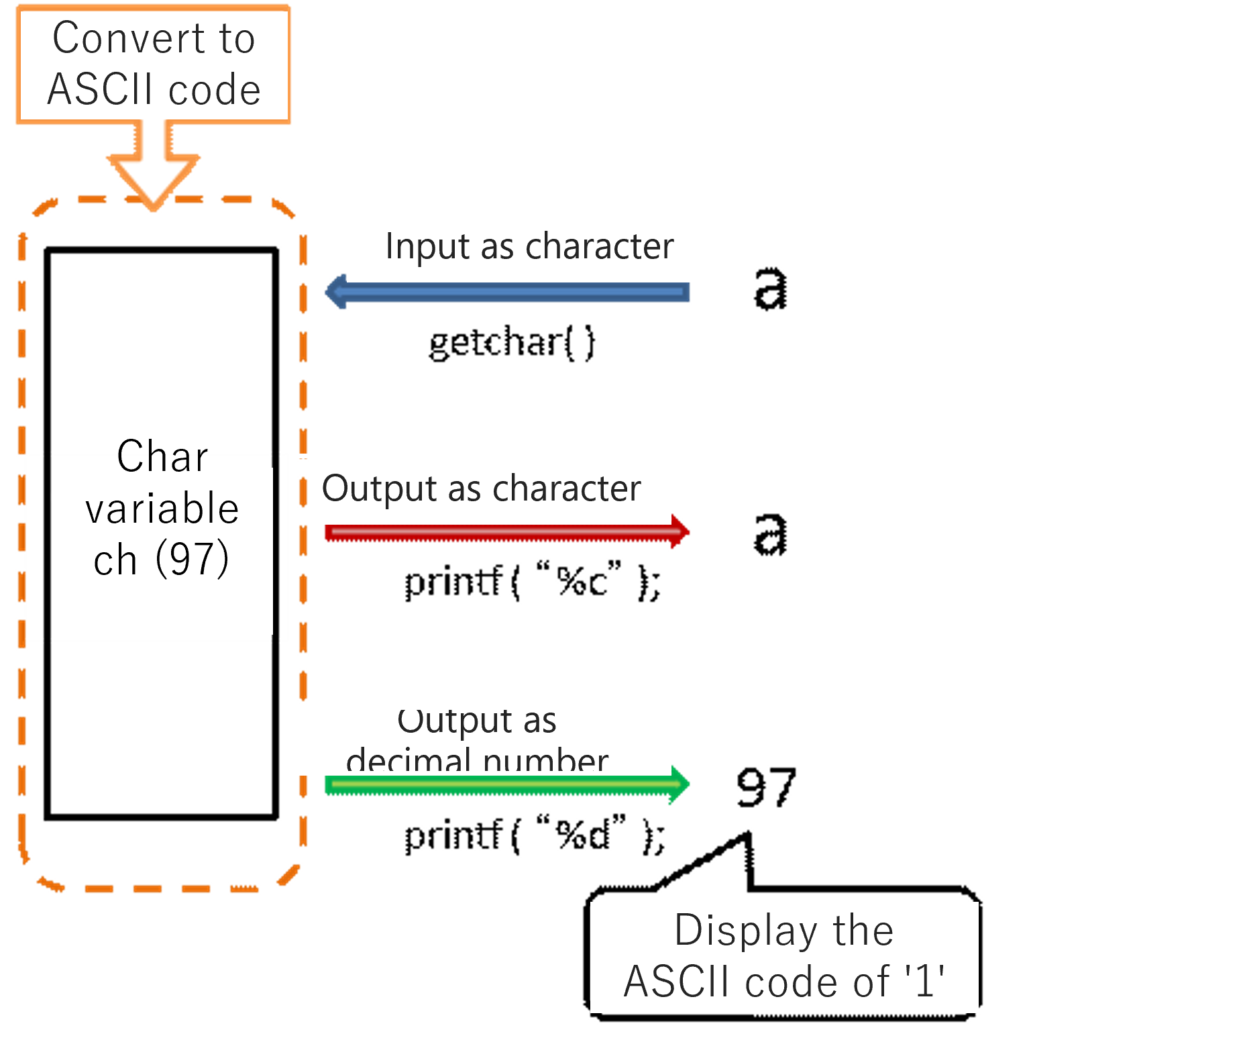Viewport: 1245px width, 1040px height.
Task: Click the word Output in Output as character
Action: coord(379,488)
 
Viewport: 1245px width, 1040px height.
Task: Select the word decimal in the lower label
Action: coord(409,762)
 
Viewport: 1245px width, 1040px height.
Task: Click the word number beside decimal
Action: coord(545,762)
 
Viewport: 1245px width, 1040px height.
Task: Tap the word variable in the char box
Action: coord(162,509)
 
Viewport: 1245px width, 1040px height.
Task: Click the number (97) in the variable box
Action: coord(193,560)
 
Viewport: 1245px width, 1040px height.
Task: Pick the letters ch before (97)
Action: coord(115,561)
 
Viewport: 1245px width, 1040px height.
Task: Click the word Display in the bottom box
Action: coord(745,931)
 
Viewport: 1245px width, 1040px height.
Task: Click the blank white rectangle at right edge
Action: coord(1131,522)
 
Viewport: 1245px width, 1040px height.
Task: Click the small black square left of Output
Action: coord(309,488)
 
